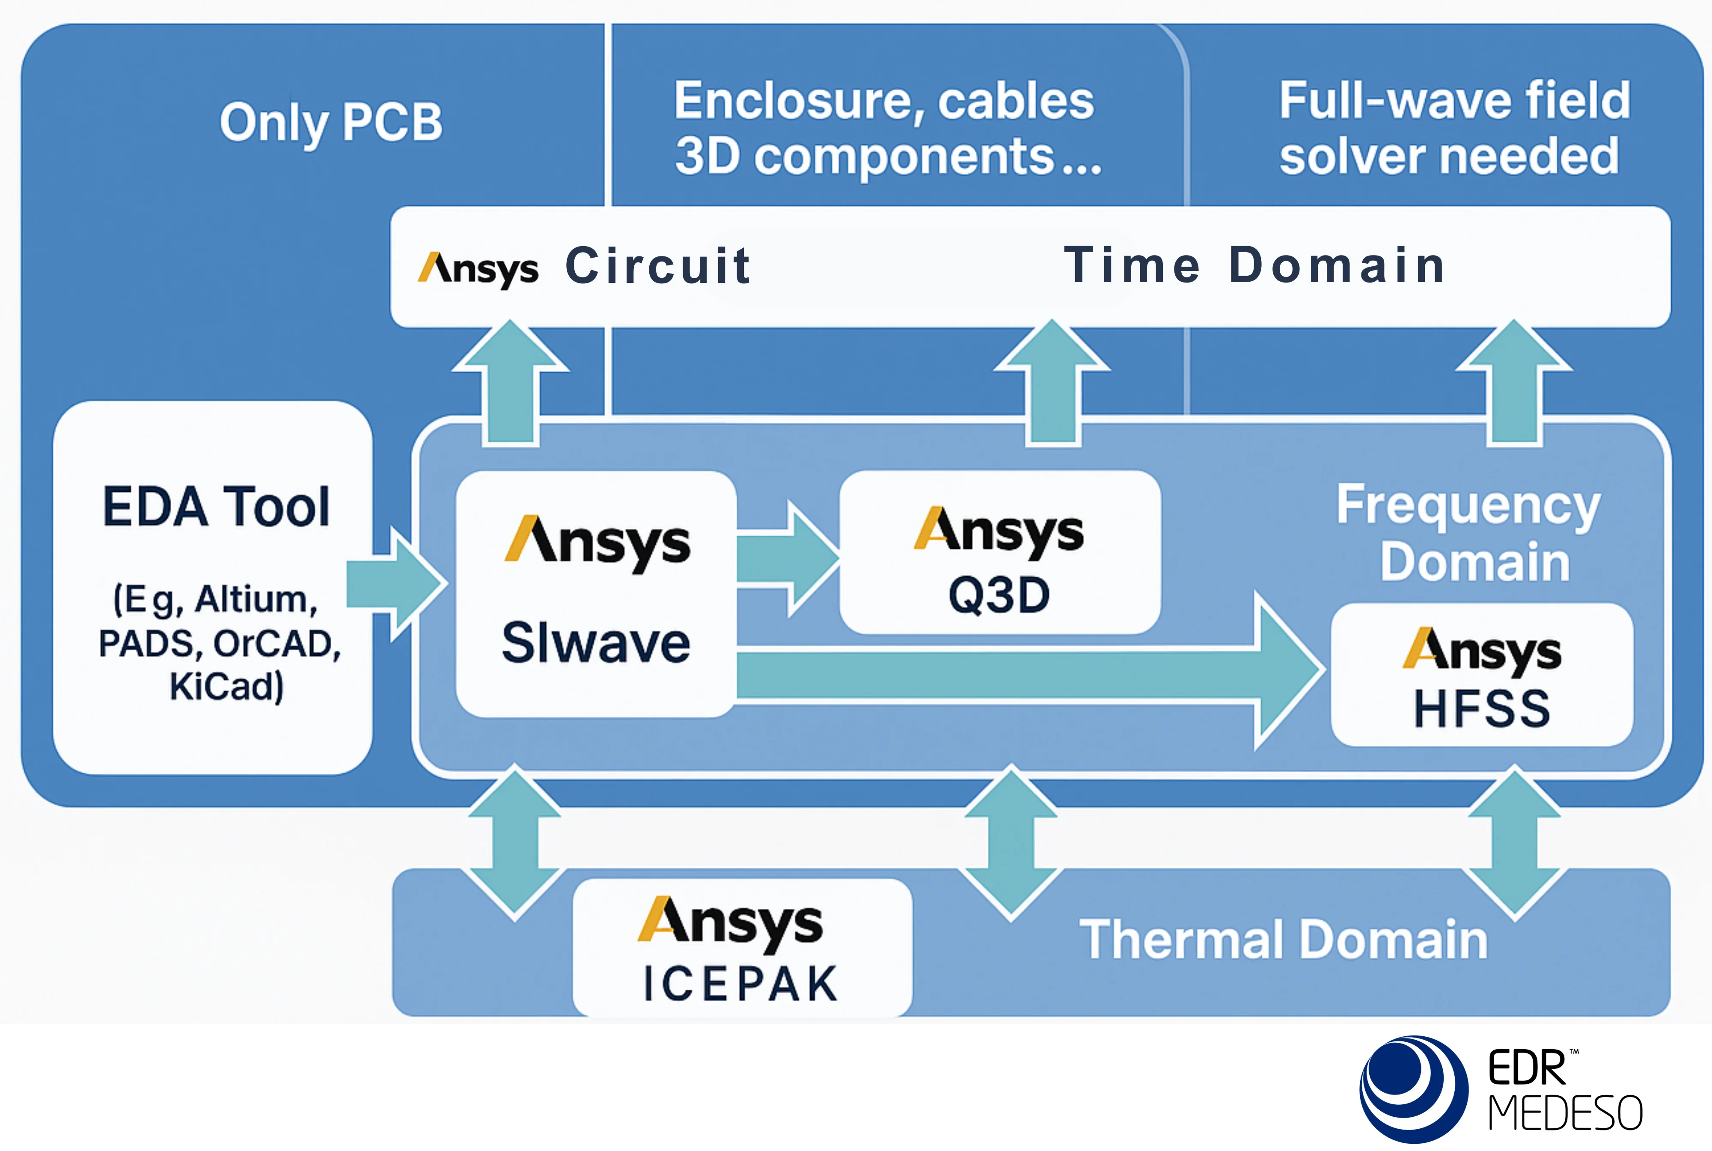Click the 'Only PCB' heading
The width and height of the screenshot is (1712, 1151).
point(331,122)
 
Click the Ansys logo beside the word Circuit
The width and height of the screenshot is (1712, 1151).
point(478,269)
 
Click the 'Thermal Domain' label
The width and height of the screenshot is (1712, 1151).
point(1283,940)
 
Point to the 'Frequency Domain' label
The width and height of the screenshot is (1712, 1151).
point(1468,533)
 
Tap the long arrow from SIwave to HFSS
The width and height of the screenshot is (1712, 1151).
point(1027,673)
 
